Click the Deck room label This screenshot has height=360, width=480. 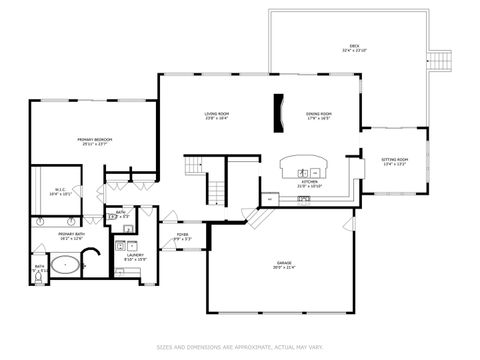pos(354,48)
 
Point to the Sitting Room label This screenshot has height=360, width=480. pos(395,161)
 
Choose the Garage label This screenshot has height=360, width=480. pos(285,265)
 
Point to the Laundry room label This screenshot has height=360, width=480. pos(134,256)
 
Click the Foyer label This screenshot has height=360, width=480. pos(182,237)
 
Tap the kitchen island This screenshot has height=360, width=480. pos(304,164)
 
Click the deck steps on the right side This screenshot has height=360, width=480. pos(441,60)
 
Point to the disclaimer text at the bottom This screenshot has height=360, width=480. pos(239,348)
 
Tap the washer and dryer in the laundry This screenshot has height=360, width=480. pos(125,244)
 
